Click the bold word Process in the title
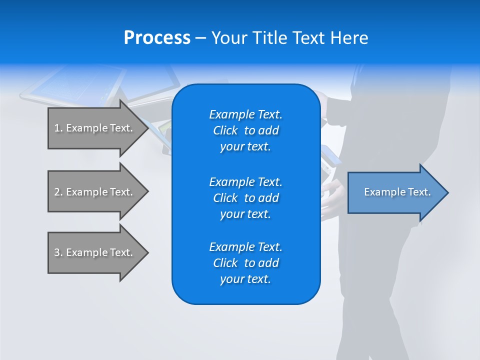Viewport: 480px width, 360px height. click(157, 37)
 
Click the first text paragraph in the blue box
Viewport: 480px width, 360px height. click(245, 130)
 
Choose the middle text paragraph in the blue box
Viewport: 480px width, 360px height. click(245, 197)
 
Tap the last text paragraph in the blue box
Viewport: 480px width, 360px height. click(245, 263)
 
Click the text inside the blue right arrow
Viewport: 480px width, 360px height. click(397, 192)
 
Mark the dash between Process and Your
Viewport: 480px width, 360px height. click(201, 38)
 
